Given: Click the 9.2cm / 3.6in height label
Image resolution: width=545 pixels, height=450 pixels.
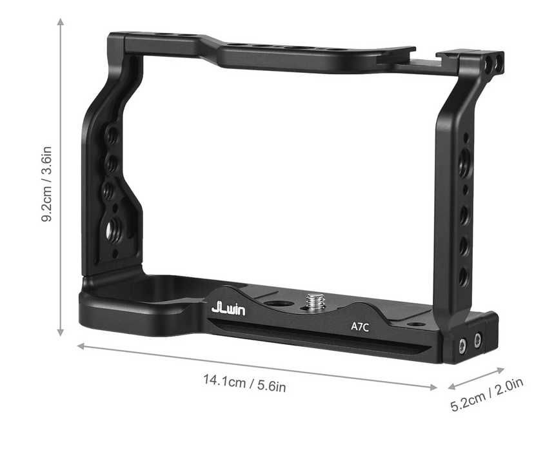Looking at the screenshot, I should (x=47, y=183).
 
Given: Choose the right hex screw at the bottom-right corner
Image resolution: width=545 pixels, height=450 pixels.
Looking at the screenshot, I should (x=477, y=339).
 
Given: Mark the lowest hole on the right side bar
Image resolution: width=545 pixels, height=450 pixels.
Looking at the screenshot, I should (x=462, y=278).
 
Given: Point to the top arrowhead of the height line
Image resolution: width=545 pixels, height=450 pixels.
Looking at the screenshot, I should (x=61, y=21).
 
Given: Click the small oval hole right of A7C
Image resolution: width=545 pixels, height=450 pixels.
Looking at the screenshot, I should (x=417, y=324).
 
